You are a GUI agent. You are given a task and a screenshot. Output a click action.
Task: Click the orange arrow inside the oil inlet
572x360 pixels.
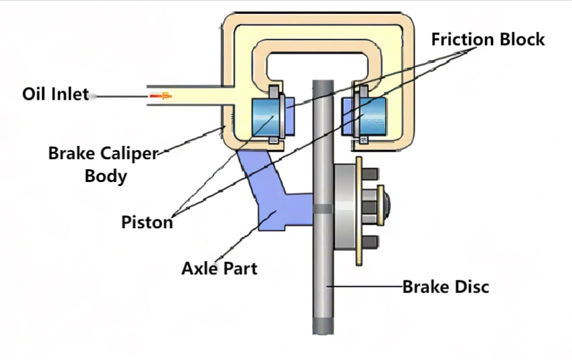point(161,96)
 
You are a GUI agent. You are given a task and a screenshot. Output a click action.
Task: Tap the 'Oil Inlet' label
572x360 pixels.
point(56,94)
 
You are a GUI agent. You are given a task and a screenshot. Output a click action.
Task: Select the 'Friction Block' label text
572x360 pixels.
point(488,39)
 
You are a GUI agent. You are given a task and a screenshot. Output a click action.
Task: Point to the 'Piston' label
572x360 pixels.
point(147,221)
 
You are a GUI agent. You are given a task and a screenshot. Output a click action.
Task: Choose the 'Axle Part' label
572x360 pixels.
point(219,269)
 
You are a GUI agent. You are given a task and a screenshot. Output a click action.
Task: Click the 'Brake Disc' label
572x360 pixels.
point(446,287)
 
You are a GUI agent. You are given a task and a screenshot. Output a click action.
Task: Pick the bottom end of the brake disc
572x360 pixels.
point(322,328)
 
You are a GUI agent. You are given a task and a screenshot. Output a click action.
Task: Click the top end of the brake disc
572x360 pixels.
point(322,84)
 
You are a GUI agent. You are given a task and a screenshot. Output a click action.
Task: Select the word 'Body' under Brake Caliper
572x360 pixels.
point(106,177)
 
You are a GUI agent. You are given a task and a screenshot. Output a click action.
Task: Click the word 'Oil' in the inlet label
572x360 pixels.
point(34,94)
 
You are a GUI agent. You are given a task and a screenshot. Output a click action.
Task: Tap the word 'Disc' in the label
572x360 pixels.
point(471,287)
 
